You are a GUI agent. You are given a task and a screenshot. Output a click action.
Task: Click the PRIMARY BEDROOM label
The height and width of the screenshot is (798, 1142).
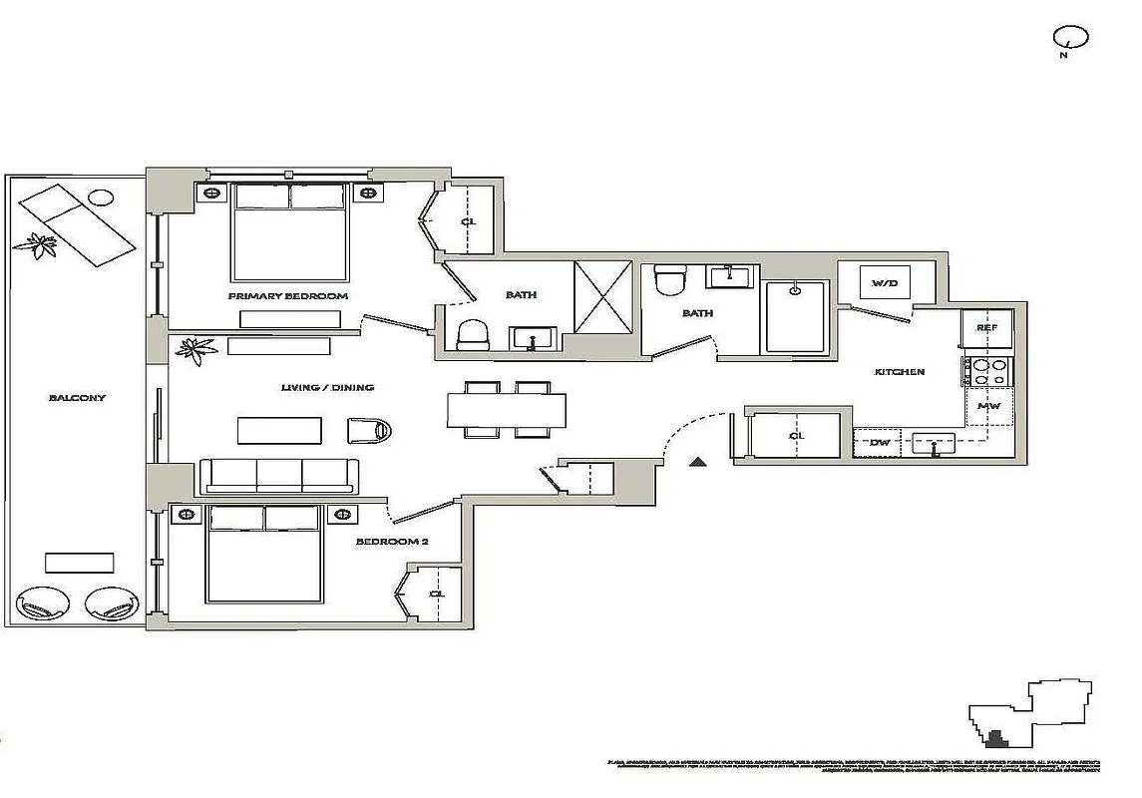pos(287,296)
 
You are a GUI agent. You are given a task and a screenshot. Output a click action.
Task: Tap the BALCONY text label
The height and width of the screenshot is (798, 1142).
pos(77,397)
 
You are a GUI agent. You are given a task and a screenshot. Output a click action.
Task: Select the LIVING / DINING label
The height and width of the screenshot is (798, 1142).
pos(326,387)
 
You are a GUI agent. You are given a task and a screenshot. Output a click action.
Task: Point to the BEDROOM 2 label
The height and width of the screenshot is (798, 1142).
pos(391,542)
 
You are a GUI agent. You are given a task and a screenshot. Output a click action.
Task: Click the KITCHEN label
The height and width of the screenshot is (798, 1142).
pos(899,372)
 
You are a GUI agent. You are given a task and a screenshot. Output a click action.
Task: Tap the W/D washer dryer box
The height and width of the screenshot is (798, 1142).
pos(885,282)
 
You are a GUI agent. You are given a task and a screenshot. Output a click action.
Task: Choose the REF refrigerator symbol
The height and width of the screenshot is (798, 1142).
pos(986,328)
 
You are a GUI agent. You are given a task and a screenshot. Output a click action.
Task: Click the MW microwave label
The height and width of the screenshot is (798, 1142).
pos(988,407)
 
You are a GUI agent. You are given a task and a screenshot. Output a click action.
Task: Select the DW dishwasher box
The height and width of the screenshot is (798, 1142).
pos(879,442)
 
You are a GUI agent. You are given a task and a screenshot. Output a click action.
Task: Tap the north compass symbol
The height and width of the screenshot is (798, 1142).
pos(1069,39)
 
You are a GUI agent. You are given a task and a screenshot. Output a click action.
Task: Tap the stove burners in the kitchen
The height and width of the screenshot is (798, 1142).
pos(987,372)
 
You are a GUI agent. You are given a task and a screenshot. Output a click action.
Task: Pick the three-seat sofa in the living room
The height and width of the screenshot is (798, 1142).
pos(279,476)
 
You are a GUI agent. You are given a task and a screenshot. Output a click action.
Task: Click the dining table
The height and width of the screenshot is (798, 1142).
pos(506,410)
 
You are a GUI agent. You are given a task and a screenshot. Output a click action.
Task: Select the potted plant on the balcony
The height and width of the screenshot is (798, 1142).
pos(42,243)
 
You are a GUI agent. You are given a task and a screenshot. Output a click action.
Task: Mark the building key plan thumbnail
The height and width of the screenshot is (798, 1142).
pos(1031,712)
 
